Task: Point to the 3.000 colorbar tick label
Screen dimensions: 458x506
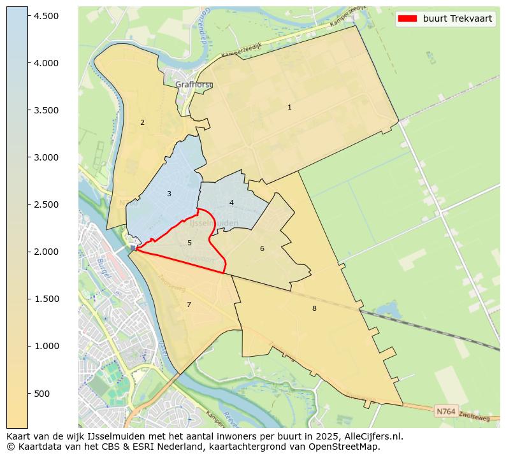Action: [47, 157]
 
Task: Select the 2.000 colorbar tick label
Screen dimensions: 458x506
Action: [47, 252]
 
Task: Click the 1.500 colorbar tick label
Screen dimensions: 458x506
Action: [47, 299]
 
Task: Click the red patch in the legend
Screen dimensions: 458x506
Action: [407, 18]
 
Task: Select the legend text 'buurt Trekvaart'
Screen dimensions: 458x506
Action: [458, 18]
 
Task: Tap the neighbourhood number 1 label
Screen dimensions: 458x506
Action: [289, 108]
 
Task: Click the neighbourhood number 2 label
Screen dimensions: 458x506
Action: [142, 122]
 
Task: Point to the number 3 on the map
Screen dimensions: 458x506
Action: [169, 194]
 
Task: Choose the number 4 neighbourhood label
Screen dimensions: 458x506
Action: [231, 203]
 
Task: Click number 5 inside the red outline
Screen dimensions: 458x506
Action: [189, 243]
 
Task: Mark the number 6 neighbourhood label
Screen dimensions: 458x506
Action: [262, 248]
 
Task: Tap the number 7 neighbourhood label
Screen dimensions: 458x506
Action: [189, 304]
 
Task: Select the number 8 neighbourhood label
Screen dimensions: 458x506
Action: [314, 308]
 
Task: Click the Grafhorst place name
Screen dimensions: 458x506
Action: [194, 85]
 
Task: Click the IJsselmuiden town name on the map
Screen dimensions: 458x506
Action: [214, 224]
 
